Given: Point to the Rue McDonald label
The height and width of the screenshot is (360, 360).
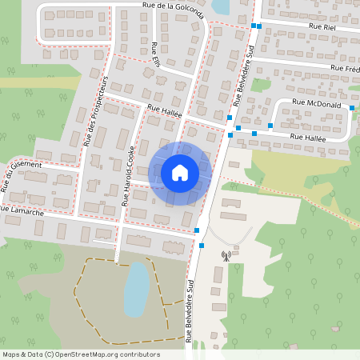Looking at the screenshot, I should point(317,105).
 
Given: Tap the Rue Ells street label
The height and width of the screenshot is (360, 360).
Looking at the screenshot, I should point(155,56).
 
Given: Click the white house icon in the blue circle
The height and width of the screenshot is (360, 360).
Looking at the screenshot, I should point(179,172).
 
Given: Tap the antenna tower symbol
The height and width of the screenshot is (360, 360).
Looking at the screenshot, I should point(226,257).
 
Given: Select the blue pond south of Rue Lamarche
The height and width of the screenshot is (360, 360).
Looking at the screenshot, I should point(137,288).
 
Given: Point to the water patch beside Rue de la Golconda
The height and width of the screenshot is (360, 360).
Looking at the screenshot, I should point(219,7).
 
